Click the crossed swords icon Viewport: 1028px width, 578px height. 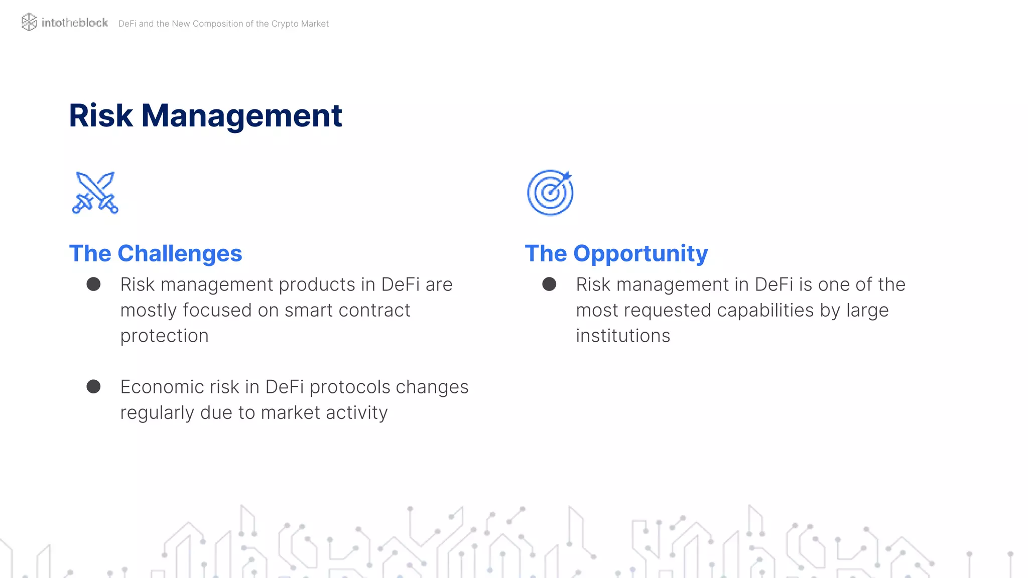click(x=95, y=193)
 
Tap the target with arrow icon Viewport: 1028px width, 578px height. click(x=550, y=193)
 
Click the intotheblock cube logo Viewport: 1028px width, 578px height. click(x=29, y=22)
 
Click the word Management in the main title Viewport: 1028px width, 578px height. click(x=241, y=115)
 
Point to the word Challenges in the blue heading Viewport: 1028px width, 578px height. click(x=180, y=253)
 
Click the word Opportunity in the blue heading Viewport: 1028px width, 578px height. click(x=640, y=253)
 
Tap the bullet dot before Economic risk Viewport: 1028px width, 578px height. click(x=93, y=386)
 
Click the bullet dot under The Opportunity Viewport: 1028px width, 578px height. click(x=549, y=284)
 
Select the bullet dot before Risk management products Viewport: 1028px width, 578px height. click(x=93, y=284)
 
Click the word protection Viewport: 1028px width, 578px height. click(x=164, y=336)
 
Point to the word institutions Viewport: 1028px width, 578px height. click(x=623, y=336)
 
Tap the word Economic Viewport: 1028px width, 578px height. click(x=162, y=387)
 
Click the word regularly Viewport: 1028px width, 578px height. click(x=157, y=413)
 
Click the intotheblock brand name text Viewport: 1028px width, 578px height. click(x=75, y=23)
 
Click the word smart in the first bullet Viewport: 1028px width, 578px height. click(x=303, y=310)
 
